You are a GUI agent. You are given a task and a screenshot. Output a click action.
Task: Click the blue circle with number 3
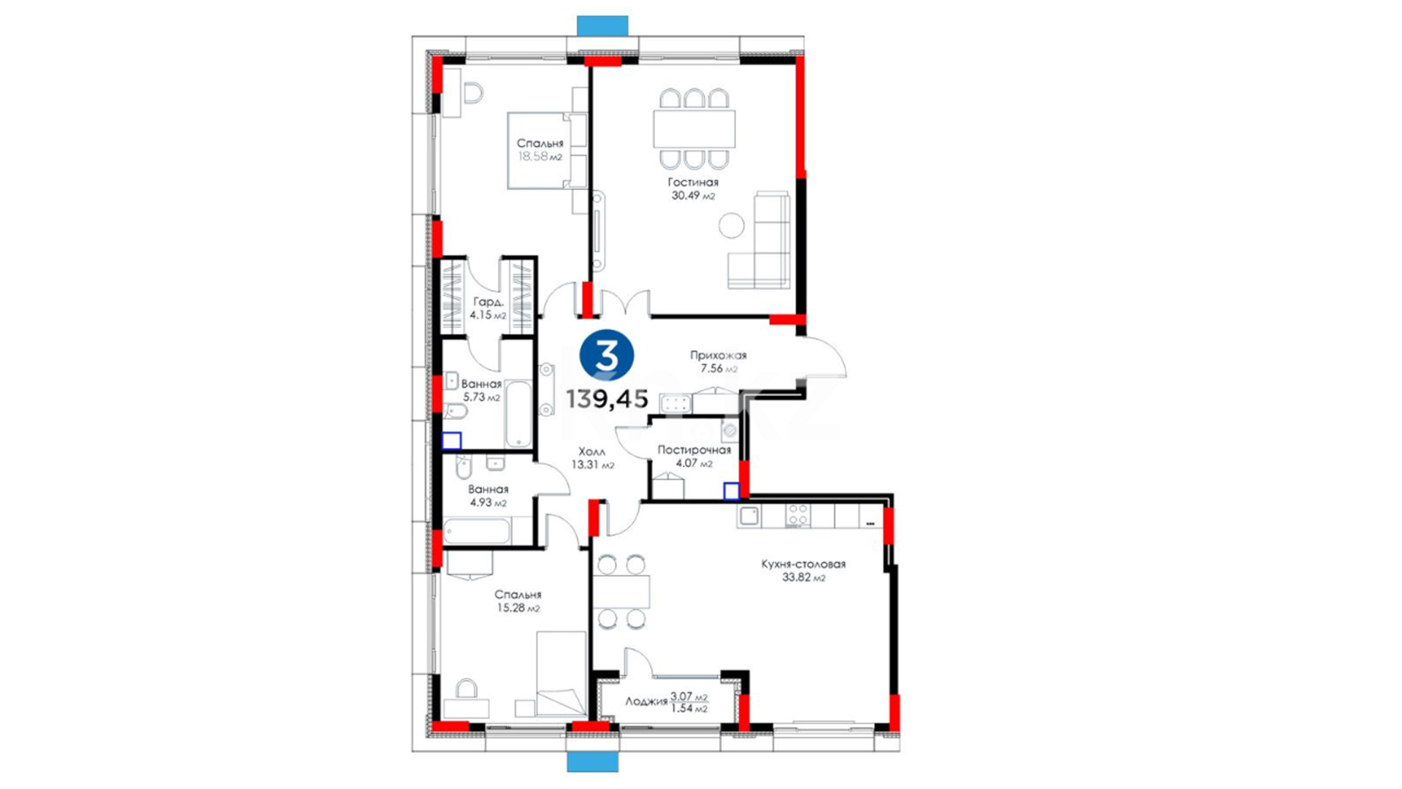pos(606,356)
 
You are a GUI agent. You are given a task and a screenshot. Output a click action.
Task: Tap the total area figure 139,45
pos(607,399)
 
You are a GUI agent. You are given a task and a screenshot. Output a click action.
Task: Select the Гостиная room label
pos(693,182)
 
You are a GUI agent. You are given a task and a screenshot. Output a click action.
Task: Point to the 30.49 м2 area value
pos(693,196)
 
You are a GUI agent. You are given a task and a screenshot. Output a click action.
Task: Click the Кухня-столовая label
pos(803,564)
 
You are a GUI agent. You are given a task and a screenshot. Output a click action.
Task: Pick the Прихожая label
pos(719,356)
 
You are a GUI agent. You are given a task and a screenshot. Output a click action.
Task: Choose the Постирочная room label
pos(694,450)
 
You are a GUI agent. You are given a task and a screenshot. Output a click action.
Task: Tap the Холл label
pos(591,452)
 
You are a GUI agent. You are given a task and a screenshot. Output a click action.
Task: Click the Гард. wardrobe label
pos(488,302)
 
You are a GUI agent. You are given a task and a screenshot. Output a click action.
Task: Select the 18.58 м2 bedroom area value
pos(540,156)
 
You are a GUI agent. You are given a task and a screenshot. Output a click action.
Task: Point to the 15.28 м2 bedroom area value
pos(518,608)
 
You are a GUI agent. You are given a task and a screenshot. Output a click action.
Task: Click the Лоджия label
pos(646,701)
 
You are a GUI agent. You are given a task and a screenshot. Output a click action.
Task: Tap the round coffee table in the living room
pos(731,225)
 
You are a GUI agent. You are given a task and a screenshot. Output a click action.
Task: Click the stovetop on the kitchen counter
pos(797,516)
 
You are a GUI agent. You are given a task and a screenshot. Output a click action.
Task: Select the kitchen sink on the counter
pos(749,516)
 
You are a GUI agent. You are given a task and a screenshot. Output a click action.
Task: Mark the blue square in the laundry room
pos(731,491)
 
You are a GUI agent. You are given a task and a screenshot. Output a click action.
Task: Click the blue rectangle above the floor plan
pos(602,26)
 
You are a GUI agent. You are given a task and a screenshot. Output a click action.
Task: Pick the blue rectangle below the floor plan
pos(593,762)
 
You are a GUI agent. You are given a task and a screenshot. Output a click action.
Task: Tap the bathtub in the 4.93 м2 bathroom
pos(478,531)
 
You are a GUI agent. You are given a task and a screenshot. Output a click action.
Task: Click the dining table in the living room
pos(694,129)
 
